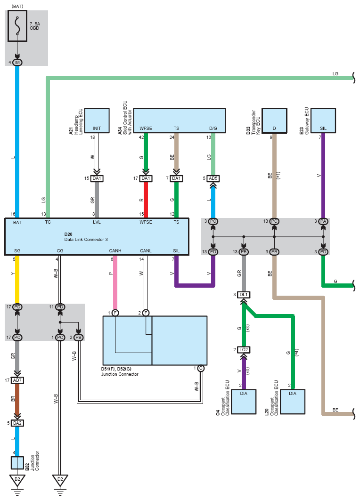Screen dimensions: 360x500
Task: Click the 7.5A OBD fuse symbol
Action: [17, 26]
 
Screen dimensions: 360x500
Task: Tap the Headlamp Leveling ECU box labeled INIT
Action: [97, 121]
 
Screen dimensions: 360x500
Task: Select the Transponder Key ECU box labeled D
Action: [274, 121]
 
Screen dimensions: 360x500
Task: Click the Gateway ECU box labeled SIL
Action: [323, 121]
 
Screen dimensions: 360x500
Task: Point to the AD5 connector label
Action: [213, 178]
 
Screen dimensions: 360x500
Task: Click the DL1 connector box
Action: [244, 295]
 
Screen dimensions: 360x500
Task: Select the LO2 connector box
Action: [244, 350]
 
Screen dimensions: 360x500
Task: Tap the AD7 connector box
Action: [17, 380]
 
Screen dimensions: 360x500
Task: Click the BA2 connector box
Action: [17, 423]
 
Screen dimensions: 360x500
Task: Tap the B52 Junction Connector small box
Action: [17, 463]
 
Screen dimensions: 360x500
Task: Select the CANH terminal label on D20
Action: [115, 250]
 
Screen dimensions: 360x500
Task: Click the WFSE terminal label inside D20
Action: [146, 222]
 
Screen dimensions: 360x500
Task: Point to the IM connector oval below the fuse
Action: [17, 63]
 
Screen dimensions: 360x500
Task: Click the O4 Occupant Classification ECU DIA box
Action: [244, 402]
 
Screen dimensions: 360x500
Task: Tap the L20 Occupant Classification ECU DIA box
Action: [293, 402]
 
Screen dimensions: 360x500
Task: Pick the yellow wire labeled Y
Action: [17, 280]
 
